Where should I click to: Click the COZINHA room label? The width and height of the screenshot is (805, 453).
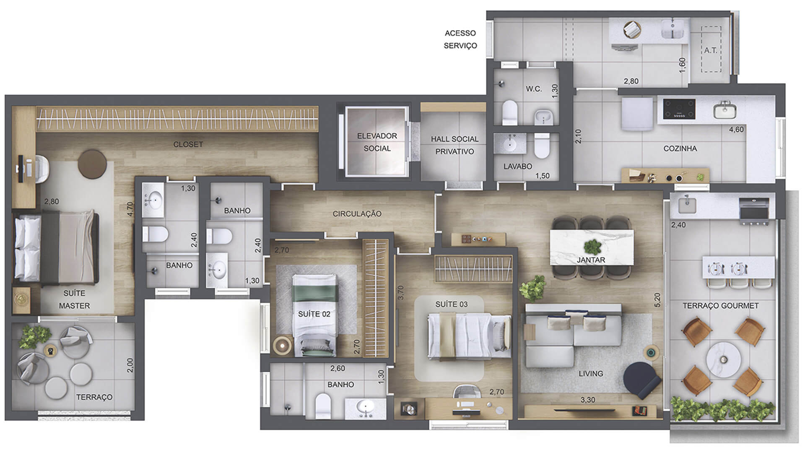(680, 148)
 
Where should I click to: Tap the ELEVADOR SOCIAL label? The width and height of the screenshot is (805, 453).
(377, 142)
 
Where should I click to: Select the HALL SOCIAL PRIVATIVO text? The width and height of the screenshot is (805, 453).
(454, 145)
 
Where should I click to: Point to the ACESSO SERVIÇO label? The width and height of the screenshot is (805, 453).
(460, 39)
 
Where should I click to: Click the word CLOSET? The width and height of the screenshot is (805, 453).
(188, 144)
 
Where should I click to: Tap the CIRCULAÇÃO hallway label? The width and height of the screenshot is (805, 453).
(357, 214)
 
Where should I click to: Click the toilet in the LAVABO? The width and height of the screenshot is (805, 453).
(542, 145)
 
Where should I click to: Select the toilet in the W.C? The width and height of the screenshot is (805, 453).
(510, 112)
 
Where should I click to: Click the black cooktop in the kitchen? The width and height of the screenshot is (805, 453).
(679, 109)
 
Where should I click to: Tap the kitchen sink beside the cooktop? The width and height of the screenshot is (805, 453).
(725, 110)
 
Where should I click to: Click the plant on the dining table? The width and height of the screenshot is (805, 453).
(593, 247)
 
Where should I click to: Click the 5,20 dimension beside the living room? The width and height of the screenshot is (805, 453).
(657, 300)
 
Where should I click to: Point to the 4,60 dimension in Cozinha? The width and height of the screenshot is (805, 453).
(736, 130)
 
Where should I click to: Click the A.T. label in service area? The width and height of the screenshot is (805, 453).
(711, 50)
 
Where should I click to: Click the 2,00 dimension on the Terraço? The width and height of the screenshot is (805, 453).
(130, 365)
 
